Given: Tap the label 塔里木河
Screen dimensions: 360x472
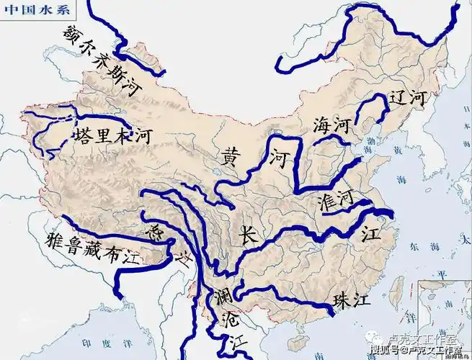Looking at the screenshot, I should click(112, 137).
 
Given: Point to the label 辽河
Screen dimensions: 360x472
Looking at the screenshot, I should click(407, 99).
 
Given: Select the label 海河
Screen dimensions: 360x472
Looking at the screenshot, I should click(331, 125).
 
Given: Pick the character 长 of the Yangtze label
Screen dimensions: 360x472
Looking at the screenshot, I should click(247, 236).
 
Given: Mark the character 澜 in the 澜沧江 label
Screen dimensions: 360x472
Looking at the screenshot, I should click(222, 297).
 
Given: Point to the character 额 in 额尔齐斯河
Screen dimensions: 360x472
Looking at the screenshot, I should click(72, 32).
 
